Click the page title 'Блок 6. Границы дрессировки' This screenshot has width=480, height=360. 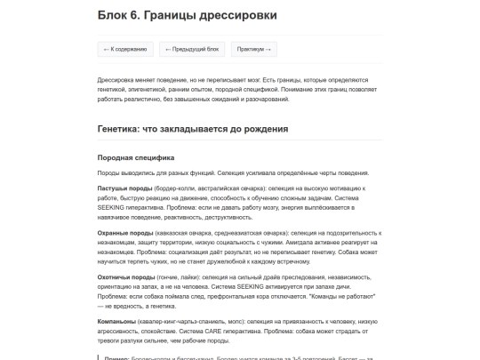coord(186,15)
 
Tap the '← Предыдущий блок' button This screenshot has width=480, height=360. coord(191,49)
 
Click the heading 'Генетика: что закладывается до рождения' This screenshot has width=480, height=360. coord(193,129)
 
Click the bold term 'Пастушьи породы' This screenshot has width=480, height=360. coord(121,188)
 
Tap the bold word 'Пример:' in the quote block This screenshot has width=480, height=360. coord(117,356)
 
